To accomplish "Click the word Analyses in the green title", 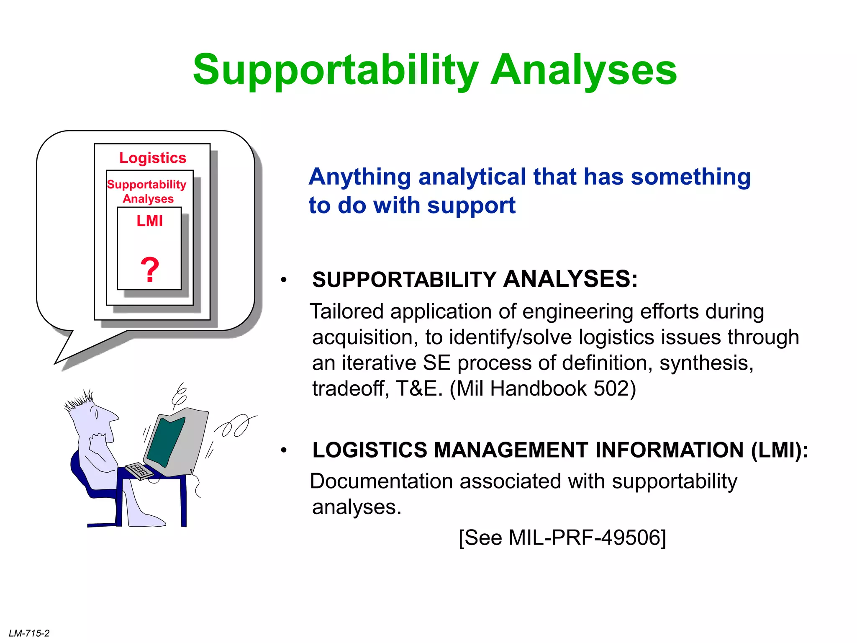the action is click(584, 70).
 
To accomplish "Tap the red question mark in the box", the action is click(149, 270).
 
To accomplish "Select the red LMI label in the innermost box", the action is click(149, 221).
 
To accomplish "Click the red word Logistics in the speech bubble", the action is click(152, 158).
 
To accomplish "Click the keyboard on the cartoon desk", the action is click(140, 471).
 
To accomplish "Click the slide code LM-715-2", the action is click(29, 633).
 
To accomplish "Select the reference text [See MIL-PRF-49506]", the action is click(562, 538).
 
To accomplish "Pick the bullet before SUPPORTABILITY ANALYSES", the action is click(284, 280).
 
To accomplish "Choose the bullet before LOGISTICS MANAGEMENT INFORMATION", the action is click(284, 450).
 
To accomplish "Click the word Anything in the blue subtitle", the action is click(360, 177).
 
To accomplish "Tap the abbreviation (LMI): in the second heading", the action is click(779, 450).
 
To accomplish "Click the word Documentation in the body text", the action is click(381, 481).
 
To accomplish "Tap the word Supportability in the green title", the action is click(335, 70).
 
